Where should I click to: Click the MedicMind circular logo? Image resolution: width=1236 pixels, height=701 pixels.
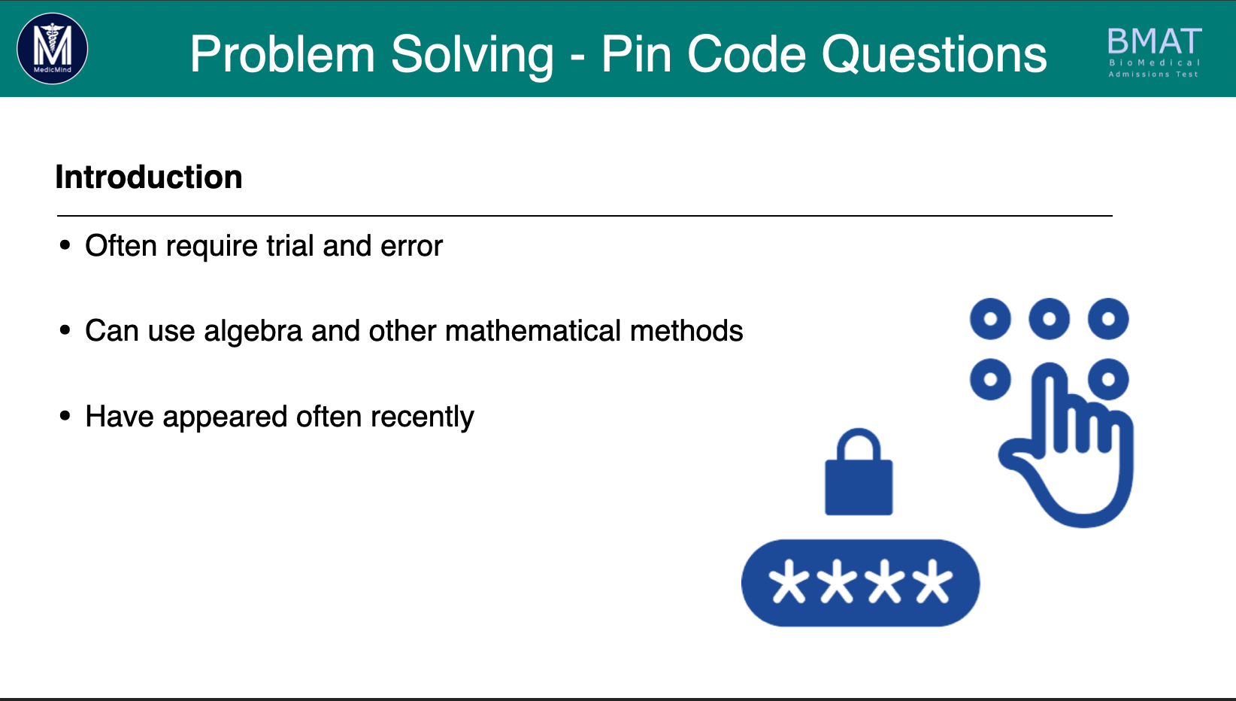tap(53, 49)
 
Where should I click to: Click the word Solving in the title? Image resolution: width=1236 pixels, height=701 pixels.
tap(472, 55)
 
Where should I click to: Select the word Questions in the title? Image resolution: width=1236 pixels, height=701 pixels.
tap(934, 55)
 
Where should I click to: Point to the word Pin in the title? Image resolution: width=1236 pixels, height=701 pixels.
tap(636, 54)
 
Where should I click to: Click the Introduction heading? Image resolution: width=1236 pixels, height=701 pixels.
tap(149, 177)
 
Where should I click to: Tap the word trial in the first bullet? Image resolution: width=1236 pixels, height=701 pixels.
tap(290, 245)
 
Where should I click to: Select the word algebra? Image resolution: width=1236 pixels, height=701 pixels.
tap(253, 331)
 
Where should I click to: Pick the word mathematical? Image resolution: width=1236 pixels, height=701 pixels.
tap(533, 331)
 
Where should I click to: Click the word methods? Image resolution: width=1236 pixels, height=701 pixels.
tap(686, 331)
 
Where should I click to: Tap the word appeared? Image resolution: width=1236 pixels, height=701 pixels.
tap(225, 417)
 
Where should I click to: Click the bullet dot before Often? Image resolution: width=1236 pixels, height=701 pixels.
tap(65, 245)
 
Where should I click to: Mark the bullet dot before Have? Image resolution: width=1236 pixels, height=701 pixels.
tap(65, 416)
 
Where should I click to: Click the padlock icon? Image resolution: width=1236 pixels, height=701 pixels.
tap(859, 472)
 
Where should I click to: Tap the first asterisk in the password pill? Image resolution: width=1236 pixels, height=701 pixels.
tap(789, 581)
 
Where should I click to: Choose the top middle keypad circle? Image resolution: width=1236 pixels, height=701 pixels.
tap(1049, 318)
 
